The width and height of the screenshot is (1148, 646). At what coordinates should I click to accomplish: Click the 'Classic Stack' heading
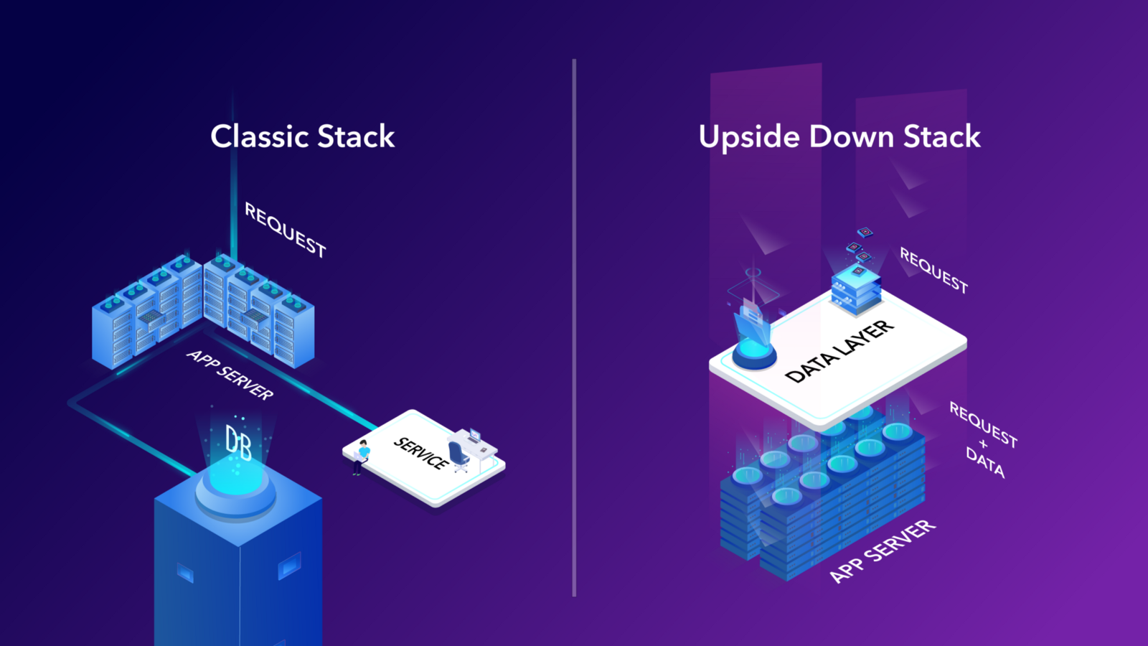(x=302, y=136)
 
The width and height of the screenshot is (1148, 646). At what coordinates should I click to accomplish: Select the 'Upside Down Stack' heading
(x=839, y=136)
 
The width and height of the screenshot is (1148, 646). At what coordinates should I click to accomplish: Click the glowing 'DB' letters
(x=238, y=443)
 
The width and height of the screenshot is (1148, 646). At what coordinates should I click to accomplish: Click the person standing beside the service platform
(x=361, y=457)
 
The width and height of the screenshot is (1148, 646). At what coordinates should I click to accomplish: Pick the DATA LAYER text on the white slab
(x=839, y=350)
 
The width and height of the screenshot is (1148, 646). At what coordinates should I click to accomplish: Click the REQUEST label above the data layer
(x=933, y=270)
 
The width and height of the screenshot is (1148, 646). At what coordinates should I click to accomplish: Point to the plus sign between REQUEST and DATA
(x=983, y=444)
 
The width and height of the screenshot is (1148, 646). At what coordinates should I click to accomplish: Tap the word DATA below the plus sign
(x=985, y=462)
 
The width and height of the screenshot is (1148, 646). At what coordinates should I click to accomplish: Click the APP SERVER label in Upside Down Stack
(x=882, y=551)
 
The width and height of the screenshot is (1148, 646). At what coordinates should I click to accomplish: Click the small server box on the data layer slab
(x=855, y=288)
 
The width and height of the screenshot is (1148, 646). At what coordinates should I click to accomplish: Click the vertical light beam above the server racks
(x=234, y=179)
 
